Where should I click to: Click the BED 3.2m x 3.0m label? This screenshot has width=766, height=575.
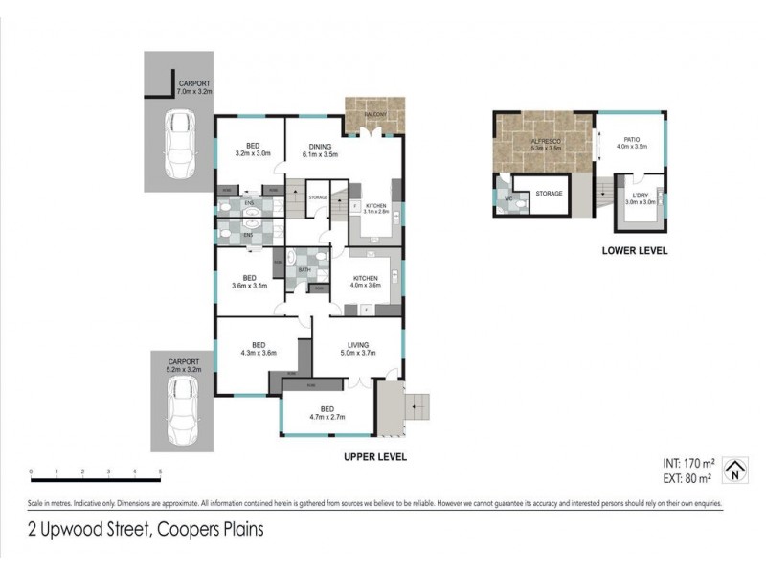coord(253,149)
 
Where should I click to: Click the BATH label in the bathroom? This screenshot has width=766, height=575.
coord(304,269)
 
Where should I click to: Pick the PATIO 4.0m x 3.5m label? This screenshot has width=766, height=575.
coord(633,143)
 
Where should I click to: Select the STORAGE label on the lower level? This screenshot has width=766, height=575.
coord(549,193)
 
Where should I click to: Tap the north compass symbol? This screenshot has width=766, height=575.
coord(733,467)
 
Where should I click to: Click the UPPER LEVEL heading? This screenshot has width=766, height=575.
coord(374,457)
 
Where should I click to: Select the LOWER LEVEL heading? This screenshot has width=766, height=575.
coord(634,251)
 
